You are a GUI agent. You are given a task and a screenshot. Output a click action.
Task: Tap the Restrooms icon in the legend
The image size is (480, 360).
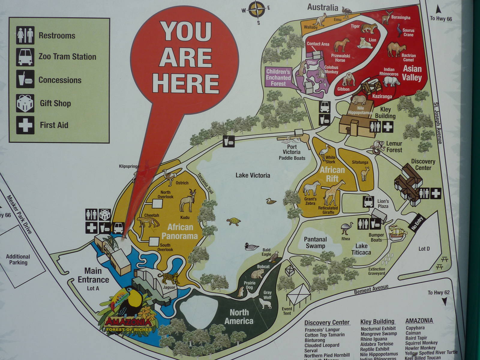pos(25,35)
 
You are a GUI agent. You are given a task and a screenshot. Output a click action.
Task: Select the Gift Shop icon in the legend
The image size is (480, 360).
pos(25,103)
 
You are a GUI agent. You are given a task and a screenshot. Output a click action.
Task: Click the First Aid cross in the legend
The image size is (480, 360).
pos(25,125)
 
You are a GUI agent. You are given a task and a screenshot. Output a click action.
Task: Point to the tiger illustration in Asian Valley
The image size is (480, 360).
pos(369,28)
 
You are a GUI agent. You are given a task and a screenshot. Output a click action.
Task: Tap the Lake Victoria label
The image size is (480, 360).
pos(253,175)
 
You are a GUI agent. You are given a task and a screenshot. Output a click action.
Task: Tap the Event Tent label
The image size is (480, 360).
pos(287,311)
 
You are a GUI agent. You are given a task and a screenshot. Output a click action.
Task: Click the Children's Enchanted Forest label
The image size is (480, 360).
pos(278,77)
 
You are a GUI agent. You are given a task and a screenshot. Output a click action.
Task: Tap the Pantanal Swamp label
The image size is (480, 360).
pos(315,243)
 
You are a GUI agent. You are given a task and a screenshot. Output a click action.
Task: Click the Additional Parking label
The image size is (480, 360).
pos(18,259)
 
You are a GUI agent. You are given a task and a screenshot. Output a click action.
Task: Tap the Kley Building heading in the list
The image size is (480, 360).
pos(377,322)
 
